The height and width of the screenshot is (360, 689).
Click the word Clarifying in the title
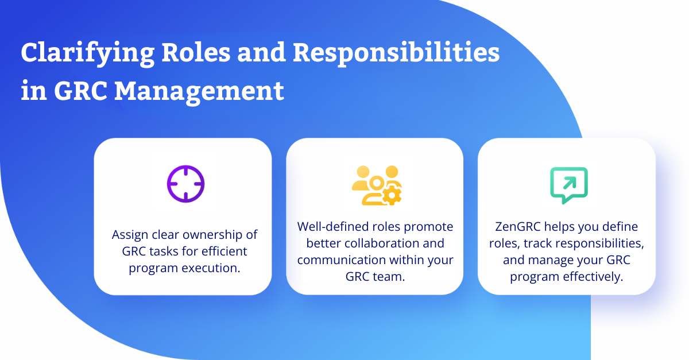point(88,53)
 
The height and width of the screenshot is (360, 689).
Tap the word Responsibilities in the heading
point(396,53)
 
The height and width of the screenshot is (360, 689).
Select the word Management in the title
point(199,92)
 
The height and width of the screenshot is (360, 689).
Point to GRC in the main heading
point(80,91)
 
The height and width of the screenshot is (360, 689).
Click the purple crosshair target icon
point(186,184)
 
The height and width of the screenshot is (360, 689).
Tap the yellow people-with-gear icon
point(377,185)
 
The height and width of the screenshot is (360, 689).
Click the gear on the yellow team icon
point(391,195)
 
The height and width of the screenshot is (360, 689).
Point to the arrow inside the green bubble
point(570,183)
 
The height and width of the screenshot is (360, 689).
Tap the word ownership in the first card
point(212,235)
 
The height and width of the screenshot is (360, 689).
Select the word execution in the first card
point(211,268)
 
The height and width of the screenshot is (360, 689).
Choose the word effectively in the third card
point(593,277)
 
